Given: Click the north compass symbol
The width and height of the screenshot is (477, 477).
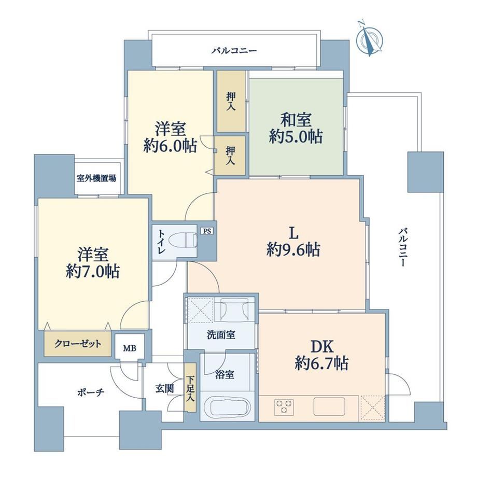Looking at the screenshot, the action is click(369, 39).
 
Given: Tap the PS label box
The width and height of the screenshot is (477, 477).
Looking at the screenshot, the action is click(207, 231).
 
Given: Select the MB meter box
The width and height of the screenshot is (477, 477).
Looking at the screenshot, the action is click(130, 347).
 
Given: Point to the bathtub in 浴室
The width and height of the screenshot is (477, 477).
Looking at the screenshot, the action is click(228, 405).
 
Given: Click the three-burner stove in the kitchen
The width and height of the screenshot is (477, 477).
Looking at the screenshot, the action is click(284, 406).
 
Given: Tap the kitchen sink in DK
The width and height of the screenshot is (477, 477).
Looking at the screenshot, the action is click(329, 406).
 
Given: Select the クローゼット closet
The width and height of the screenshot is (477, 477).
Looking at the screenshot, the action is click(78, 343).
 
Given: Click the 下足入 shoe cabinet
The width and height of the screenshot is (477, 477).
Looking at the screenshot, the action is click(190, 388).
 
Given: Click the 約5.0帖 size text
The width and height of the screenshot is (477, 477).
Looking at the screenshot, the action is click(296, 136).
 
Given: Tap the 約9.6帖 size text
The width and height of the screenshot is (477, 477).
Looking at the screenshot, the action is click(293, 250).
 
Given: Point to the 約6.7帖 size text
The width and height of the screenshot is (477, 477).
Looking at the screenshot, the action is click(321, 362).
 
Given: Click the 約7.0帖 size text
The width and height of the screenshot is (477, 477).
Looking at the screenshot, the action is click(93, 271).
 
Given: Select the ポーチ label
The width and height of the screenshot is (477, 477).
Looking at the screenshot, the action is click(91, 392).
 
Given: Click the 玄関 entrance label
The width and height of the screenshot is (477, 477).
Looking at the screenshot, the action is click(164, 388).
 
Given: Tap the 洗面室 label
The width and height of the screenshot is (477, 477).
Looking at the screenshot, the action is click(221, 335).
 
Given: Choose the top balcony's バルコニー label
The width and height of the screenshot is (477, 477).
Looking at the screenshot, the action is click(234, 50).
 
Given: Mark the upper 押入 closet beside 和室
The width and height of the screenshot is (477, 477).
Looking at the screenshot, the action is click(231, 101).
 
